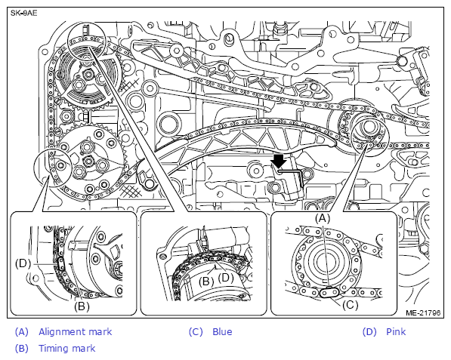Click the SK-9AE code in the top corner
(x=24, y=14)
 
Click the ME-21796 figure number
(x=423, y=312)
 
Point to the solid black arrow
(x=279, y=161)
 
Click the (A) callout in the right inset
(x=323, y=218)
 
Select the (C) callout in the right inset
(x=350, y=305)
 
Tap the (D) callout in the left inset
(x=23, y=263)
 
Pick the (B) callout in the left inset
(x=82, y=306)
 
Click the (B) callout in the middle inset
(x=206, y=281)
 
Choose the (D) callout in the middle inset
(x=226, y=278)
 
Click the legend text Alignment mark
(x=75, y=332)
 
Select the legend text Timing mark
(x=66, y=348)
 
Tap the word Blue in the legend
(x=222, y=332)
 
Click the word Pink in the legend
(x=396, y=332)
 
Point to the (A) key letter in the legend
(x=22, y=332)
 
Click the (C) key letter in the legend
(x=196, y=332)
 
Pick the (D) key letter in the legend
(x=369, y=332)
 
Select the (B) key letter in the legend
(x=22, y=348)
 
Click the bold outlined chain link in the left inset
(x=61, y=264)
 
